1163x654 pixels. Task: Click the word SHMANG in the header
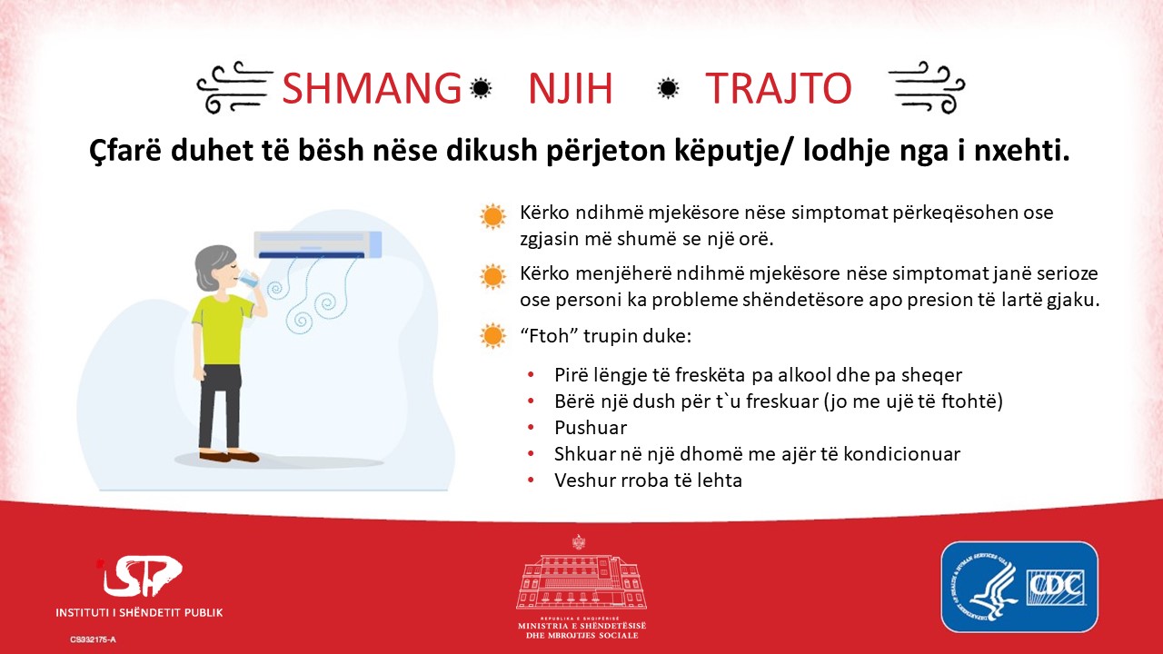(372, 88)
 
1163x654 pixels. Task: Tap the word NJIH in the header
(571, 88)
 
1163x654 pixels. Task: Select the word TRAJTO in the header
(779, 88)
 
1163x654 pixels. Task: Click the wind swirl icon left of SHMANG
(235, 87)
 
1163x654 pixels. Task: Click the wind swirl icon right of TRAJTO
(927, 87)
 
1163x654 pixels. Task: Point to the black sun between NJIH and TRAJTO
(668, 88)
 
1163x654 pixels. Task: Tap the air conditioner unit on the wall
(318, 244)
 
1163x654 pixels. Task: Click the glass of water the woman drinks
(250, 278)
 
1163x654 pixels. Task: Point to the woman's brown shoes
(229, 456)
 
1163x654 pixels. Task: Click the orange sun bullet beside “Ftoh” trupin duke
(492, 336)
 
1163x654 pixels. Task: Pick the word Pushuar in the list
(591, 428)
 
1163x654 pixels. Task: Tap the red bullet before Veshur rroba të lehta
(531, 481)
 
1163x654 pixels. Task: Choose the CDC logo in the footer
(1019, 587)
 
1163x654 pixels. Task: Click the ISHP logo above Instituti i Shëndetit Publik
(140, 576)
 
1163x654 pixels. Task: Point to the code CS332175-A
(93, 639)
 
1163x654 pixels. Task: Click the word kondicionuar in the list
(902, 454)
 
